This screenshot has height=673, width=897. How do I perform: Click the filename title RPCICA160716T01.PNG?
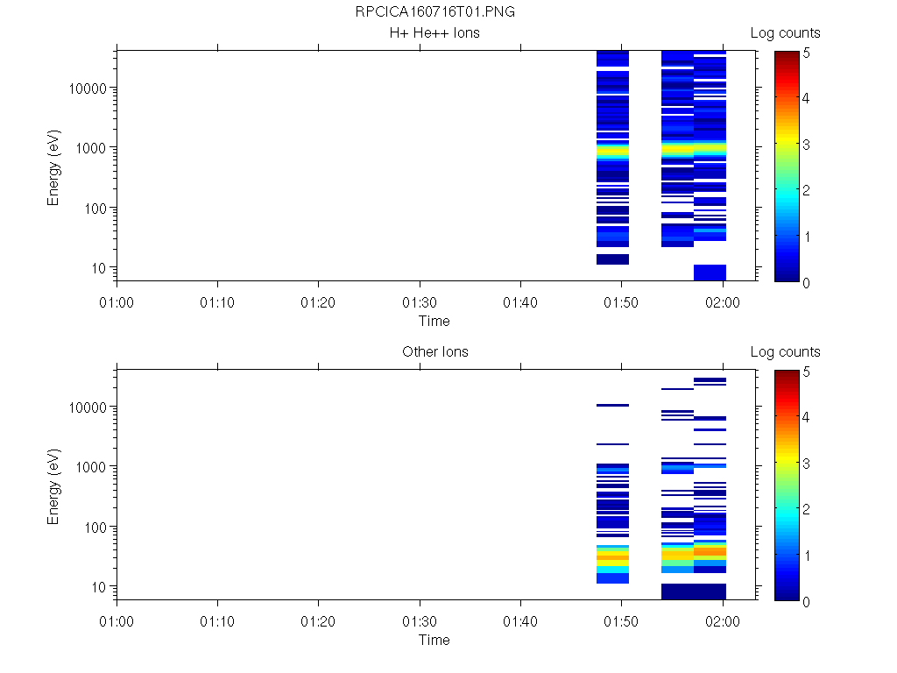(434, 12)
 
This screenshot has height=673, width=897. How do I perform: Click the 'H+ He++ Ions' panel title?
(434, 33)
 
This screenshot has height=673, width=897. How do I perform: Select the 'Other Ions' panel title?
(434, 352)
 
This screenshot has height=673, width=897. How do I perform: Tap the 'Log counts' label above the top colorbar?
(785, 33)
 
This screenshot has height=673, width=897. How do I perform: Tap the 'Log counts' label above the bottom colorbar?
(785, 352)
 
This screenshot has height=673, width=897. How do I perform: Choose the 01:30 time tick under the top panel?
(420, 301)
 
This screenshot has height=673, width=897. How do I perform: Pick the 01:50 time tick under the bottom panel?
(622, 620)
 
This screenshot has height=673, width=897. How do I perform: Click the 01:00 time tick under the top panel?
(117, 301)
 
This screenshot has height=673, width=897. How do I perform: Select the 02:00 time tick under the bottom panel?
(723, 620)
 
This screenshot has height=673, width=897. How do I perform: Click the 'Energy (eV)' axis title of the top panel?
(54, 166)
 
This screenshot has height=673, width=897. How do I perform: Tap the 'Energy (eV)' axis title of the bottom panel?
(54, 485)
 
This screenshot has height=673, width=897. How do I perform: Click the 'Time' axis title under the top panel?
(434, 321)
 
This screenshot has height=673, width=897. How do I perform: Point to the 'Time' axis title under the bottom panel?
(434, 640)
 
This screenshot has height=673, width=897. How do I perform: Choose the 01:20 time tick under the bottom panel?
(319, 620)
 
